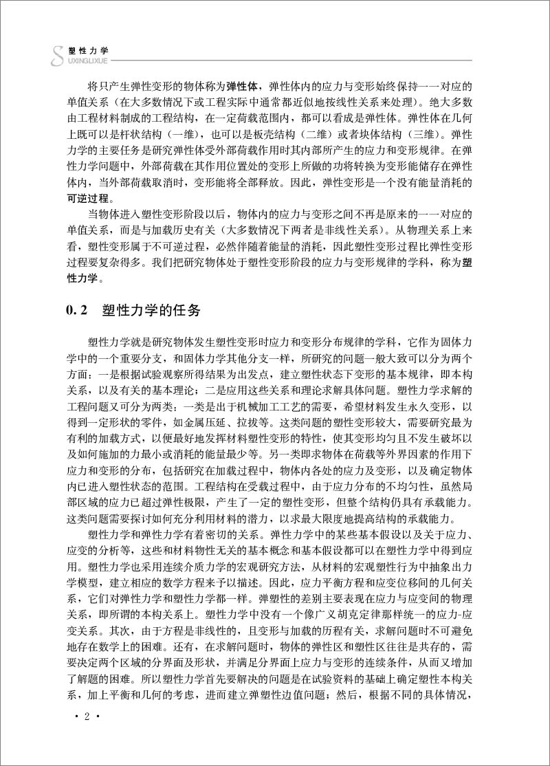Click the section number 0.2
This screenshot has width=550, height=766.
click(73, 311)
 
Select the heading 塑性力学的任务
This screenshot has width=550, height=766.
click(151, 311)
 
